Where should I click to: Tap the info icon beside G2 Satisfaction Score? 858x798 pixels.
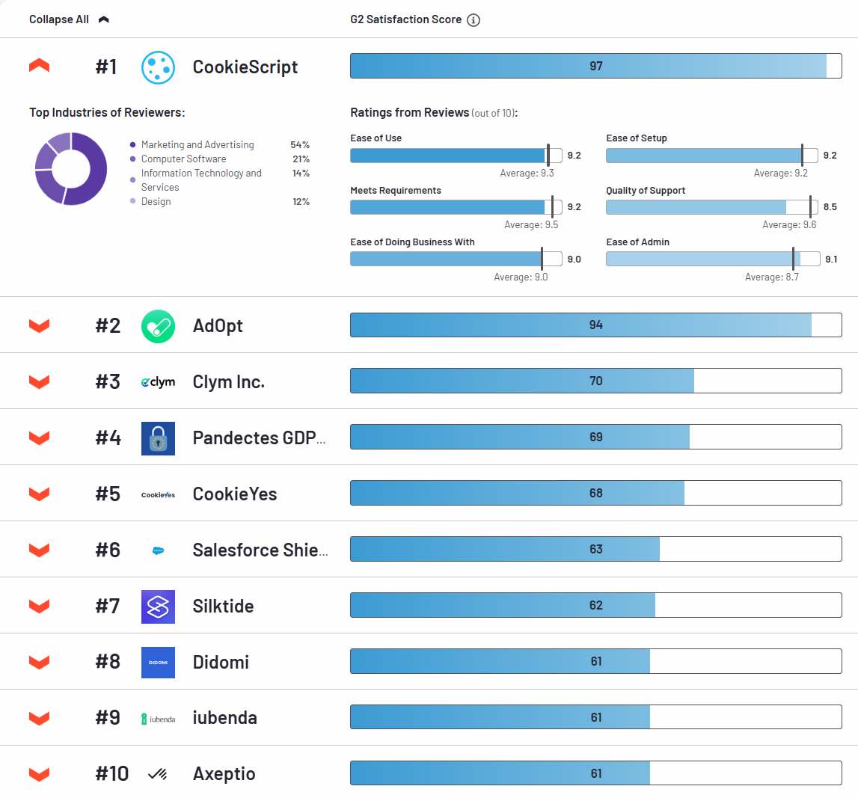tap(473, 20)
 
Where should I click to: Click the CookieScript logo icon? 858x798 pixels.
tap(158, 67)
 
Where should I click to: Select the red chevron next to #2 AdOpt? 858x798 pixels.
tap(39, 325)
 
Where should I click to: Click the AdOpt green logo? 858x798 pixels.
tap(158, 326)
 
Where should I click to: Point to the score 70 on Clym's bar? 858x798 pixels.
tap(595, 381)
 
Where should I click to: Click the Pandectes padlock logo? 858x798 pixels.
tap(158, 438)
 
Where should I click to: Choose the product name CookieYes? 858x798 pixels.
tap(235, 494)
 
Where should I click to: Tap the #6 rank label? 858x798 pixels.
tap(108, 550)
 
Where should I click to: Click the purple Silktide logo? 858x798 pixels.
tap(158, 607)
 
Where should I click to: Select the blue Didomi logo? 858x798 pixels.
tap(158, 663)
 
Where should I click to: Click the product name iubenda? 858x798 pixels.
tap(224, 718)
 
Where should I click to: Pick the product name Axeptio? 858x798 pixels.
tap(224, 774)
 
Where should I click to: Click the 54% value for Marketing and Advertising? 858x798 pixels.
tap(300, 145)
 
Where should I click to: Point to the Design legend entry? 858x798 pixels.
tap(156, 202)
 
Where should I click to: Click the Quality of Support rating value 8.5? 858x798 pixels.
tap(829, 207)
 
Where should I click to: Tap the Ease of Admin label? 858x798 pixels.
tap(637, 242)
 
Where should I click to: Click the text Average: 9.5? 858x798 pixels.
tap(530, 225)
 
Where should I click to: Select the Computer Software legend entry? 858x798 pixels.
tap(183, 159)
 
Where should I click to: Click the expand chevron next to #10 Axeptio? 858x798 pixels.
tap(39, 774)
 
